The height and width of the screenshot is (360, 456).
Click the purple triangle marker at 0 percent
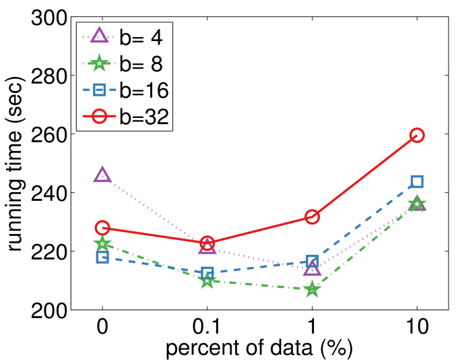pyautogui.click(x=102, y=175)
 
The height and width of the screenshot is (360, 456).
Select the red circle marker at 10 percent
pyautogui.click(x=417, y=135)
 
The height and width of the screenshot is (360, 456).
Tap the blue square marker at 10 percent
pyautogui.click(x=417, y=181)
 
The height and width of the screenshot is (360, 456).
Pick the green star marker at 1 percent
pyautogui.click(x=312, y=290)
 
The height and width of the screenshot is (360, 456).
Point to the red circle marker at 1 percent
pyautogui.click(x=312, y=217)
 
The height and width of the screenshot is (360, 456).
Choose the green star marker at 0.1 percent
pyautogui.click(x=207, y=280)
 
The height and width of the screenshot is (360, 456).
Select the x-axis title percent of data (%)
pyautogui.click(x=259, y=349)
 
